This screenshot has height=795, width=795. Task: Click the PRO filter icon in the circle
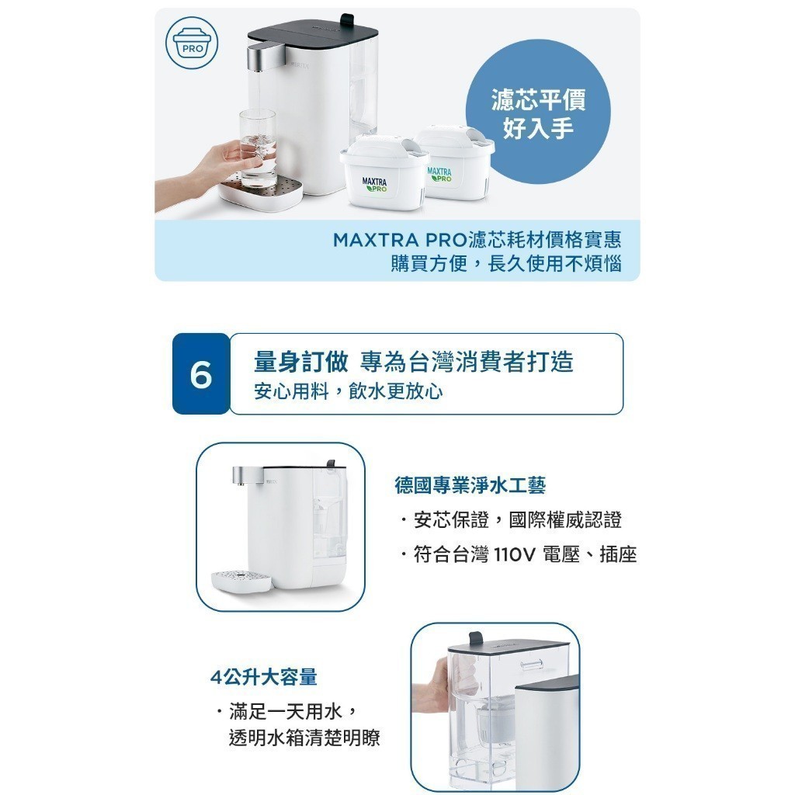point(193,43)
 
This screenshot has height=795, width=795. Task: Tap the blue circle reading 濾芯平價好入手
point(538,112)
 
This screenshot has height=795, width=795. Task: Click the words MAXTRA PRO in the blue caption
point(400,240)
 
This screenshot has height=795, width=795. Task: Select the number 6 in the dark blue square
point(201,374)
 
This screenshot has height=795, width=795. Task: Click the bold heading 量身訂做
point(300,362)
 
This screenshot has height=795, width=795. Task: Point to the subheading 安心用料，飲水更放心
point(349,391)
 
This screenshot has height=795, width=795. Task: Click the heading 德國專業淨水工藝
point(470,486)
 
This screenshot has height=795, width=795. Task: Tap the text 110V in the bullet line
point(515,554)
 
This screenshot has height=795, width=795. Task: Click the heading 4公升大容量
point(264,677)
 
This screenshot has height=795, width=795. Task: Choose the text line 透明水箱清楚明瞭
point(304,738)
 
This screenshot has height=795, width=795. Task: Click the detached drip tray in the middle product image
point(241,581)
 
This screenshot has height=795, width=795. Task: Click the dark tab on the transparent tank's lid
point(476,640)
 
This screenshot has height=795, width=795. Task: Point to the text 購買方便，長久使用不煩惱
point(506,264)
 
